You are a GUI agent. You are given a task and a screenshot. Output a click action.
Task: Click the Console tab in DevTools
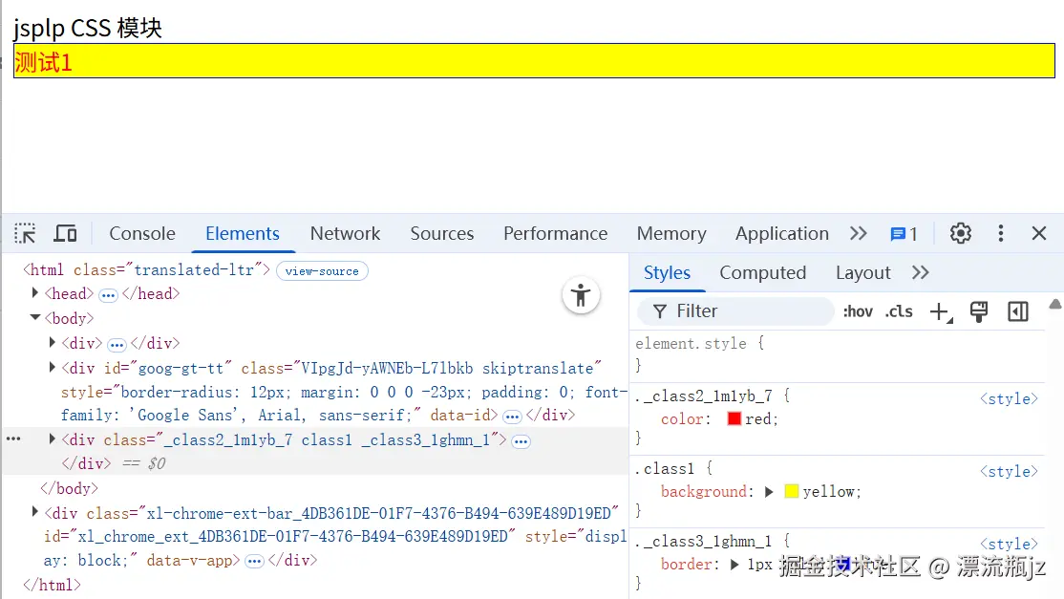point(142,234)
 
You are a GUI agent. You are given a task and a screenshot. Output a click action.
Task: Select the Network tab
point(345,234)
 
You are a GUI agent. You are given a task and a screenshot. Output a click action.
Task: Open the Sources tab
point(441,234)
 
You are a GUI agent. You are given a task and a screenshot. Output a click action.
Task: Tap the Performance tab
point(555,234)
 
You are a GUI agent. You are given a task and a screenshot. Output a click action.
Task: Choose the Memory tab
point(671,234)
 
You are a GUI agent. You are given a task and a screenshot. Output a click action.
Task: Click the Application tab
point(781,234)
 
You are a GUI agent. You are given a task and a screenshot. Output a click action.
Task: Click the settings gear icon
point(960,234)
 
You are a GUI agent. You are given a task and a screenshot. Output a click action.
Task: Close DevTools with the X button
point(1039,234)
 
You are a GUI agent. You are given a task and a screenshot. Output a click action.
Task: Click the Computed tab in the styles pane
point(762,273)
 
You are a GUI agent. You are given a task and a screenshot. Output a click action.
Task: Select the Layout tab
point(862,273)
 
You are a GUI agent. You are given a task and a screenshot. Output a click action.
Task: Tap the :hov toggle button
point(858,311)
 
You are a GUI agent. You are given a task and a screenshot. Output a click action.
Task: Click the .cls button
point(899,311)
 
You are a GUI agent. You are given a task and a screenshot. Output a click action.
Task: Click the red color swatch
point(734,419)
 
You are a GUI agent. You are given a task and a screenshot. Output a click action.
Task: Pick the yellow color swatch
point(791,492)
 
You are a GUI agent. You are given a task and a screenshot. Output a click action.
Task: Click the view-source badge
point(322,271)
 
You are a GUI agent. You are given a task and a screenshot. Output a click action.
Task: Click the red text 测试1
point(44,63)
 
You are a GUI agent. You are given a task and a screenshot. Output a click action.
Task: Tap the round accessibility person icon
point(581,295)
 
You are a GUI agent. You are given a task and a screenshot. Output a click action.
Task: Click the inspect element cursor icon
point(26,234)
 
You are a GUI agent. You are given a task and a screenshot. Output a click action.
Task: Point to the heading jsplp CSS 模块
point(88,28)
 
